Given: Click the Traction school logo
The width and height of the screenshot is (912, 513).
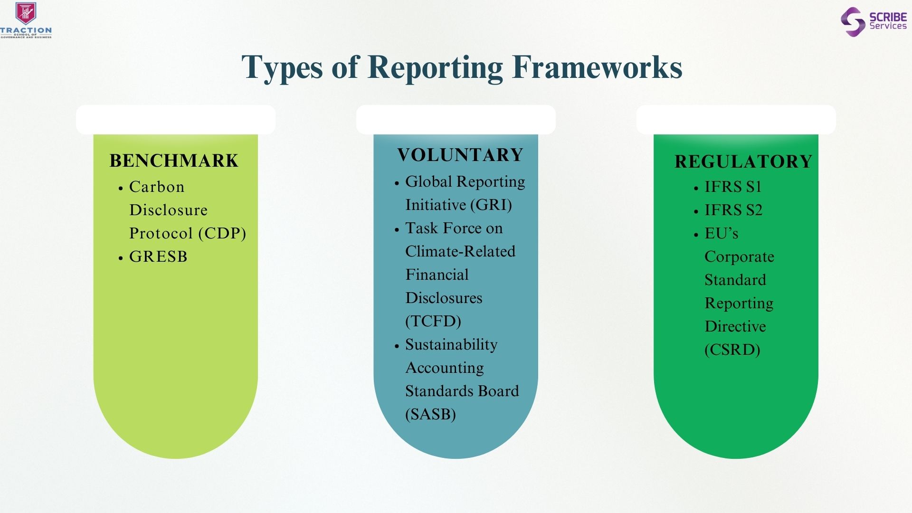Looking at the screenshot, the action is pyautogui.click(x=26, y=20).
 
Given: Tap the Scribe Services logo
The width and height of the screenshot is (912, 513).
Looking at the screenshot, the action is pyautogui.click(x=874, y=22).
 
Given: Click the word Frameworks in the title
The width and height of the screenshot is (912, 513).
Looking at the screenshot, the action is pyautogui.click(x=597, y=67).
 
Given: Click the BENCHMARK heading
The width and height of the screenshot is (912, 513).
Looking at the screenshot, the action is pyautogui.click(x=174, y=161).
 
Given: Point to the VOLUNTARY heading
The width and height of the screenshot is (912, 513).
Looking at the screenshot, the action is pyautogui.click(x=460, y=155).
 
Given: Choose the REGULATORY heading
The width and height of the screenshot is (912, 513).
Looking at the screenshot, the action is pyautogui.click(x=743, y=161).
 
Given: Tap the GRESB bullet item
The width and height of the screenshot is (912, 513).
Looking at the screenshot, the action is pyautogui.click(x=158, y=256).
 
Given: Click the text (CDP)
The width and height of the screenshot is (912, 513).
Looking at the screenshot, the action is pyautogui.click(x=222, y=233).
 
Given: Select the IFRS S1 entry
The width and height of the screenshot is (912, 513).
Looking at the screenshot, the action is pyautogui.click(x=733, y=187).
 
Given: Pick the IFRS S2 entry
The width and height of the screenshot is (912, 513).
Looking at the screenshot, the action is pyautogui.click(x=733, y=210).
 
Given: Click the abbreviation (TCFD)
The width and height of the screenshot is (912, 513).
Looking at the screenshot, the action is pyautogui.click(x=433, y=321).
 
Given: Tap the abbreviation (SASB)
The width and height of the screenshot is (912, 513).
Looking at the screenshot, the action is pyautogui.click(x=430, y=414).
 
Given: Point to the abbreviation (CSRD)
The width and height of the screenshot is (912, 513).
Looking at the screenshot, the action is pyautogui.click(x=732, y=350).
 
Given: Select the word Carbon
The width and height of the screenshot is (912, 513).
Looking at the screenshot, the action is pyautogui.click(x=157, y=187).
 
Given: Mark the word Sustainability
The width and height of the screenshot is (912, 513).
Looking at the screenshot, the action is pyautogui.click(x=451, y=345).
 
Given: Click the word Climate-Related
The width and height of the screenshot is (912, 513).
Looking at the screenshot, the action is pyautogui.click(x=460, y=251).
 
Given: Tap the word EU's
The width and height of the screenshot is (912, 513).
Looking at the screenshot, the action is pyautogui.click(x=722, y=233).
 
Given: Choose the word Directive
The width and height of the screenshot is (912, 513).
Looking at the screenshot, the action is pyautogui.click(x=735, y=326).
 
